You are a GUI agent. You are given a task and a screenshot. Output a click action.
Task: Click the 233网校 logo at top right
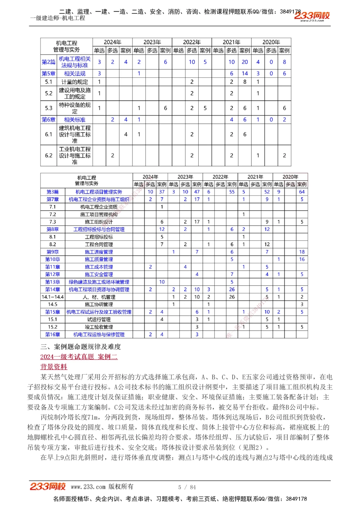[x=312, y=16]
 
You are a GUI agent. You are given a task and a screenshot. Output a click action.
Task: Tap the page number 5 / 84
[x=187, y=487]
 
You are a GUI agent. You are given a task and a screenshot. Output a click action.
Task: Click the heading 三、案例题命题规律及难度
[x=81, y=347]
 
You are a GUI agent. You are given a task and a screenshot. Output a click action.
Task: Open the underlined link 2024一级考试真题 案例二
[x=79, y=357]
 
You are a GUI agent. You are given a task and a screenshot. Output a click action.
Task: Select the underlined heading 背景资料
[x=54, y=367]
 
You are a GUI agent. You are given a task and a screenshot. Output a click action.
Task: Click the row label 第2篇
[x=49, y=62]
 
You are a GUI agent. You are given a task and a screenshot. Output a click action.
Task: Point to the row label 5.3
[x=49, y=108]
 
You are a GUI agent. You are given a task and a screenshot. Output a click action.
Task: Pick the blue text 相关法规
[x=75, y=73]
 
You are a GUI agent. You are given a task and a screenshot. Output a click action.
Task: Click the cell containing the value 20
[x=245, y=62]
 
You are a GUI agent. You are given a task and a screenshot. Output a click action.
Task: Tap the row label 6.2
[x=49, y=155]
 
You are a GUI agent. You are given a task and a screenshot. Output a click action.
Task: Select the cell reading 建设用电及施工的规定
[x=75, y=93]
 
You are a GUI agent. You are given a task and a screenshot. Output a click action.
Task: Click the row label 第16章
[x=53, y=335]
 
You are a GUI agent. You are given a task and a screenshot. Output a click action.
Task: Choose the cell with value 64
[x=302, y=192]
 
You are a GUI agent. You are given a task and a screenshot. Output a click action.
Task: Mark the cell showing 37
[x=162, y=192]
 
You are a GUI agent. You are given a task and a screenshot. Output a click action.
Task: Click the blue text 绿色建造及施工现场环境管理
[x=99, y=282]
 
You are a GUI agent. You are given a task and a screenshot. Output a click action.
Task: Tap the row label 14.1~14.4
[x=53, y=297]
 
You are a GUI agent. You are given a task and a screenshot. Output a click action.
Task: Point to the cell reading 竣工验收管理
[x=99, y=327]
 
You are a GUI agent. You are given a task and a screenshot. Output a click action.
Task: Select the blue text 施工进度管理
[x=99, y=252]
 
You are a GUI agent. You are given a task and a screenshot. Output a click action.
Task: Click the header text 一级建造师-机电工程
[x=58, y=18]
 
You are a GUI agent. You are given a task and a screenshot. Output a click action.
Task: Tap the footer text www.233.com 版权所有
[x=102, y=487]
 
